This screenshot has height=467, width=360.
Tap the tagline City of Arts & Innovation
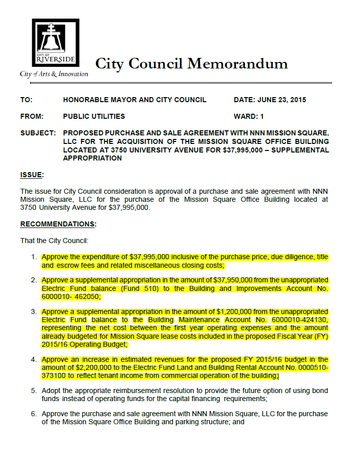point(54,74)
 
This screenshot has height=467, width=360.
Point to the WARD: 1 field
point(249,116)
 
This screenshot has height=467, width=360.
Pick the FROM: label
point(32,116)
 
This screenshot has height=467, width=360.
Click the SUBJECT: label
point(38,133)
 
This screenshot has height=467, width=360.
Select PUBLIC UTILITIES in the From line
point(94,116)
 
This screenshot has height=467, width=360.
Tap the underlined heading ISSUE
point(32,175)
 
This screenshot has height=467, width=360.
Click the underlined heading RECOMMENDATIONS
point(58,223)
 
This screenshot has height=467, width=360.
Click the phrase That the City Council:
point(54,241)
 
